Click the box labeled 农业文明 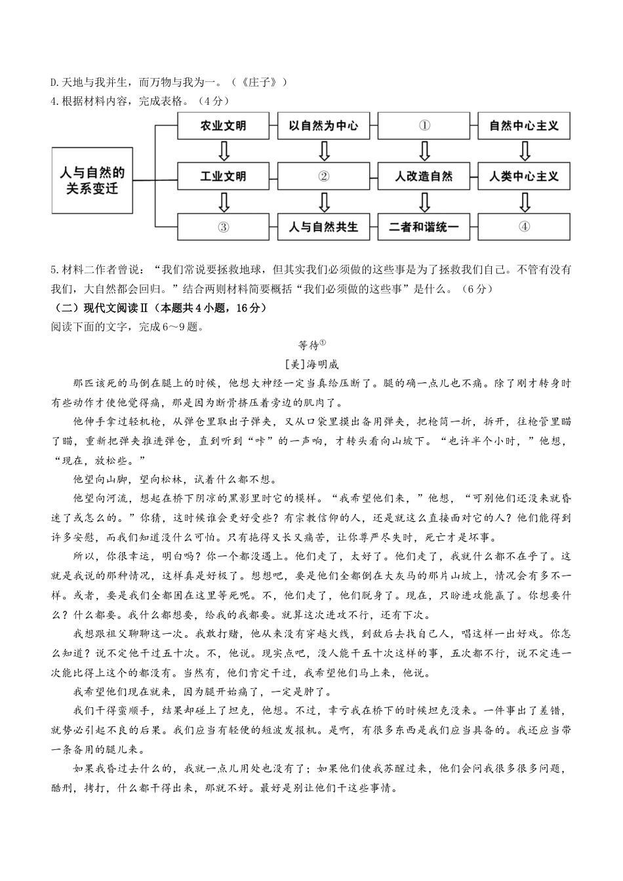(x=224, y=126)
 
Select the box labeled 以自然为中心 (x=324, y=126)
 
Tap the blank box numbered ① (x=424, y=126)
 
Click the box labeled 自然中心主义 (x=524, y=126)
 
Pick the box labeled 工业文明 (x=224, y=176)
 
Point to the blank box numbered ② (x=324, y=176)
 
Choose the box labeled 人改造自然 (x=424, y=176)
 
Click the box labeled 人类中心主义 (x=524, y=176)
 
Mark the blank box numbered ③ (x=224, y=227)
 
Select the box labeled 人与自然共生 (x=324, y=227)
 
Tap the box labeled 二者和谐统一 (x=424, y=227)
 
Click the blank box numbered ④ (x=524, y=227)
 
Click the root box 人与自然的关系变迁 (x=92, y=180)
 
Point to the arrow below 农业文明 (x=224, y=151)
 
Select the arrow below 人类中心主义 (x=524, y=202)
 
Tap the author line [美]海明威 (x=312, y=365)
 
